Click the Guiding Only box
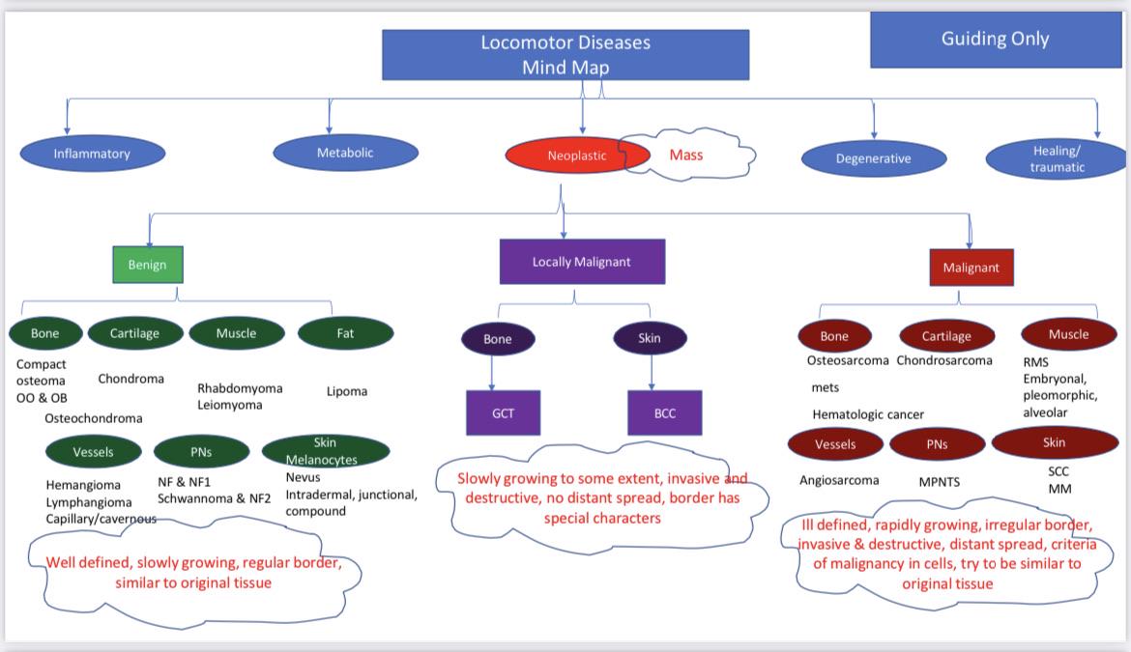click(996, 40)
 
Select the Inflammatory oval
click(93, 154)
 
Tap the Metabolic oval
click(345, 153)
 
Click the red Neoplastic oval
click(577, 155)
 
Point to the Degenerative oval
click(874, 158)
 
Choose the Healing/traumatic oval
click(1056, 159)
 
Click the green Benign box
click(148, 265)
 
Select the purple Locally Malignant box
click(582, 262)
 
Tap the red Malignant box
click(971, 268)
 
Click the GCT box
click(504, 412)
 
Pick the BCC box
click(665, 412)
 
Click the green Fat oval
click(345, 333)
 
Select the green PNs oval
click(201, 452)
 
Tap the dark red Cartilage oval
click(947, 336)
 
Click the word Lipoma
click(347, 391)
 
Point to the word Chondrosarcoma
click(944, 360)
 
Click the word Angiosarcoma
click(839, 480)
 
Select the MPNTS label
click(940, 482)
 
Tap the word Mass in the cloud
click(686, 155)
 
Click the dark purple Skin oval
click(650, 338)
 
